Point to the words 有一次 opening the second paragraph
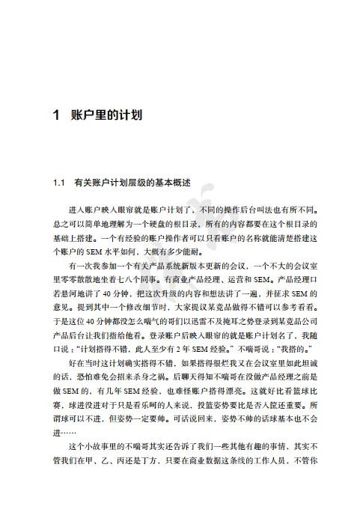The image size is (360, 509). point(78,265)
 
